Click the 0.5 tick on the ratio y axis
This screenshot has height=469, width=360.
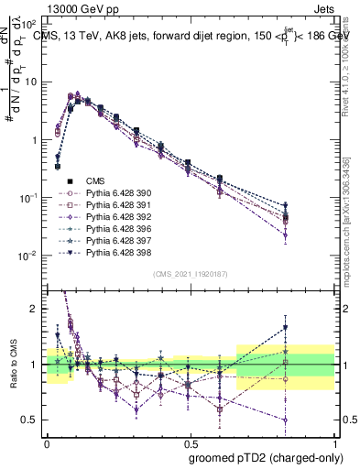click(x=32, y=420)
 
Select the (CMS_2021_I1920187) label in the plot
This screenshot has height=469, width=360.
click(x=191, y=274)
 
